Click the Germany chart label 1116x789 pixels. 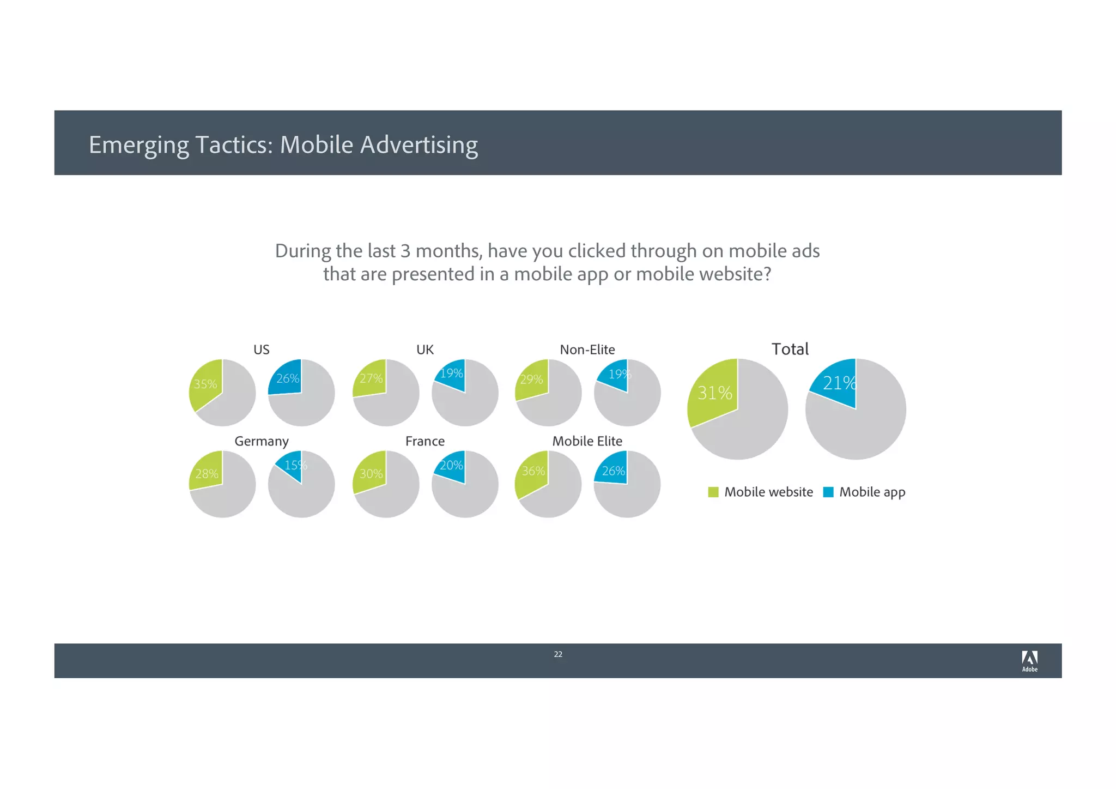(x=262, y=441)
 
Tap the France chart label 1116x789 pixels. (x=425, y=441)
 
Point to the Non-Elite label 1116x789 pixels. (x=587, y=350)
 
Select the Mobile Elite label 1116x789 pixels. (x=587, y=441)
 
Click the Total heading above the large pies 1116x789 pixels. (x=790, y=349)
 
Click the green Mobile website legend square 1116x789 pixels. (x=713, y=492)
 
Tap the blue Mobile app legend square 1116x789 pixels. (x=828, y=492)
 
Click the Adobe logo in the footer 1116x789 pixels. (x=1029, y=661)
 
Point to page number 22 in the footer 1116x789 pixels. (x=558, y=654)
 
